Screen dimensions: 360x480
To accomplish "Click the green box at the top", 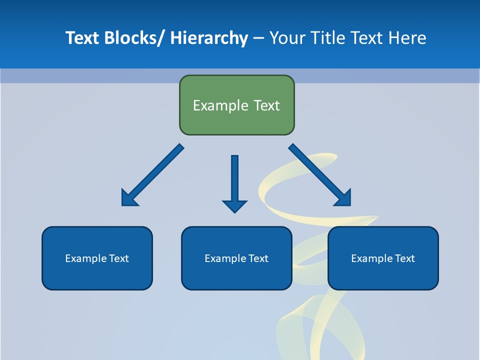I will (236, 105).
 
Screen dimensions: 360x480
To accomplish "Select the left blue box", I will (97, 258).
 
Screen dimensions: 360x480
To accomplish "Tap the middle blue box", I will (236, 258).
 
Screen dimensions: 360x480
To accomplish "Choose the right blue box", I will (383, 258).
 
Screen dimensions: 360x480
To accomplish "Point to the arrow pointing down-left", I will (152, 175).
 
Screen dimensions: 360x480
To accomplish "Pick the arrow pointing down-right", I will (320, 175).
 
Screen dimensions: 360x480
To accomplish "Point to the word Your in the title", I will (286, 38).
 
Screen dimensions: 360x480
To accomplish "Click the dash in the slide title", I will (258, 38).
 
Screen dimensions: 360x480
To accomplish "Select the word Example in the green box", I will (219, 105).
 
